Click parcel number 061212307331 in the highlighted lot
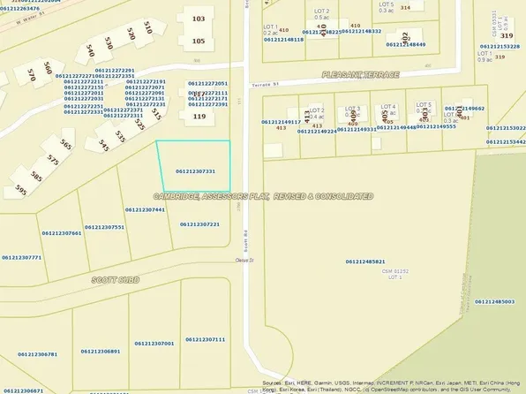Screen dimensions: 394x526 tap(195, 171)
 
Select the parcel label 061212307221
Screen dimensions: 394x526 tap(199, 224)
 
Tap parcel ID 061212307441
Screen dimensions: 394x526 tap(146, 209)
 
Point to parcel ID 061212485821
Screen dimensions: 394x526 tap(365, 261)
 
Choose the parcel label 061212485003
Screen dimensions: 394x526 tap(494, 301)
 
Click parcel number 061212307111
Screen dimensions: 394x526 tap(206, 339)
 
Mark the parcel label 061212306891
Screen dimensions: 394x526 tap(101, 351)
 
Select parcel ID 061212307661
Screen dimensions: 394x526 tap(62, 233)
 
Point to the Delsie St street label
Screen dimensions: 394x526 tap(244, 260)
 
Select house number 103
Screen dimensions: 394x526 tap(199, 19)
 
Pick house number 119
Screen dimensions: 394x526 tap(199, 115)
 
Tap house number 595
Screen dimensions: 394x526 tap(20, 190)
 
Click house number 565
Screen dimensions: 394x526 tap(65, 144)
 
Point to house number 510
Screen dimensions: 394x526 tap(147, 28)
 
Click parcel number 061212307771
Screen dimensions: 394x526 tap(22, 258)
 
